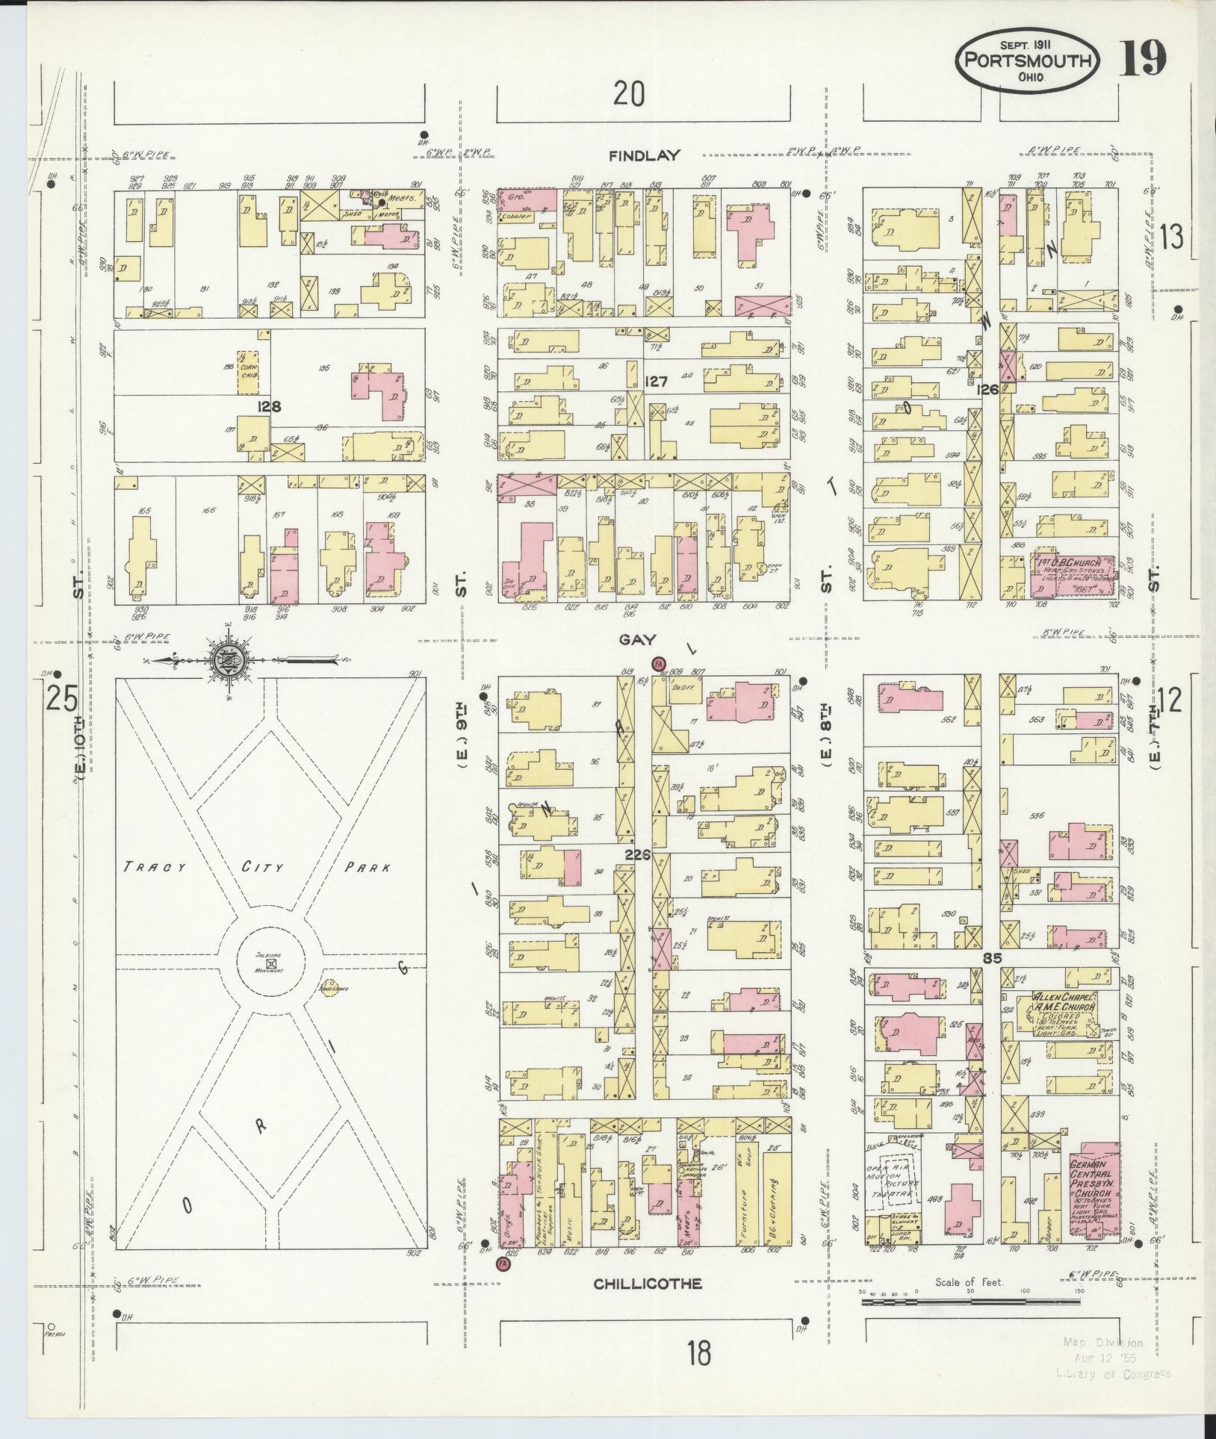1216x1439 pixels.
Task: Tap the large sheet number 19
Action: tap(1142, 59)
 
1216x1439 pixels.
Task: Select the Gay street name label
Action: tap(637, 640)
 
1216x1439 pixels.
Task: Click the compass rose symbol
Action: tap(225, 661)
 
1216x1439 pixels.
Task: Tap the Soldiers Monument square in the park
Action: tap(271, 963)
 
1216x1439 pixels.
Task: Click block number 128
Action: tap(268, 407)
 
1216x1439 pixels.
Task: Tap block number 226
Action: tap(638, 855)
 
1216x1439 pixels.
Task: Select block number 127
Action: tap(656, 382)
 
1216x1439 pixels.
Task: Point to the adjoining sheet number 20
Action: tap(629, 95)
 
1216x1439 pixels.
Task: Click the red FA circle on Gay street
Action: tap(658, 663)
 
